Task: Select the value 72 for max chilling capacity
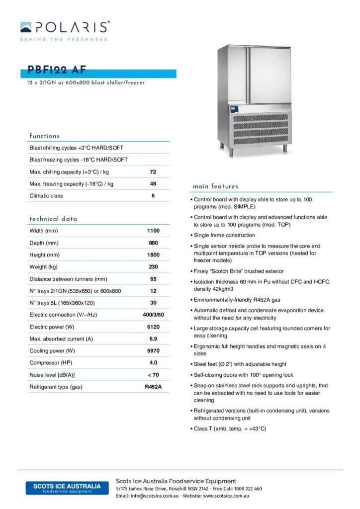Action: pyautogui.click(x=153, y=172)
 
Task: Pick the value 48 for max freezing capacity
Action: pyautogui.click(x=153, y=184)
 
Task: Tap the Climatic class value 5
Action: pyautogui.click(x=153, y=196)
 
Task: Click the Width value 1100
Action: pyautogui.click(x=153, y=231)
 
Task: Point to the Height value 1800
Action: pyautogui.click(x=153, y=255)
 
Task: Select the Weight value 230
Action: pyautogui.click(x=153, y=267)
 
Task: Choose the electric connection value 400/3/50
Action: pyautogui.click(x=153, y=315)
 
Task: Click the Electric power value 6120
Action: pyautogui.click(x=153, y=327)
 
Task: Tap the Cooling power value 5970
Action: pyautogui.click(x=153, y=351)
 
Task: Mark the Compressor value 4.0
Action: pyautogui.click(x=153, y=363)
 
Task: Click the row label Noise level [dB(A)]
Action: pyautogui.click(x=52, y=375)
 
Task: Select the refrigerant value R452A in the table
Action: pyautogui.click(x=153, y=387)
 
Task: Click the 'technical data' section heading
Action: pyautogui.click(x=53, y=219)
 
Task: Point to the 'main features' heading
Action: pyautogui.click(x=215, y=186)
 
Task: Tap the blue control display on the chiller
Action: pyautogui.click(x=234, y=109)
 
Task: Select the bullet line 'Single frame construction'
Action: pyautogui.click(x=224, y=235)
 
